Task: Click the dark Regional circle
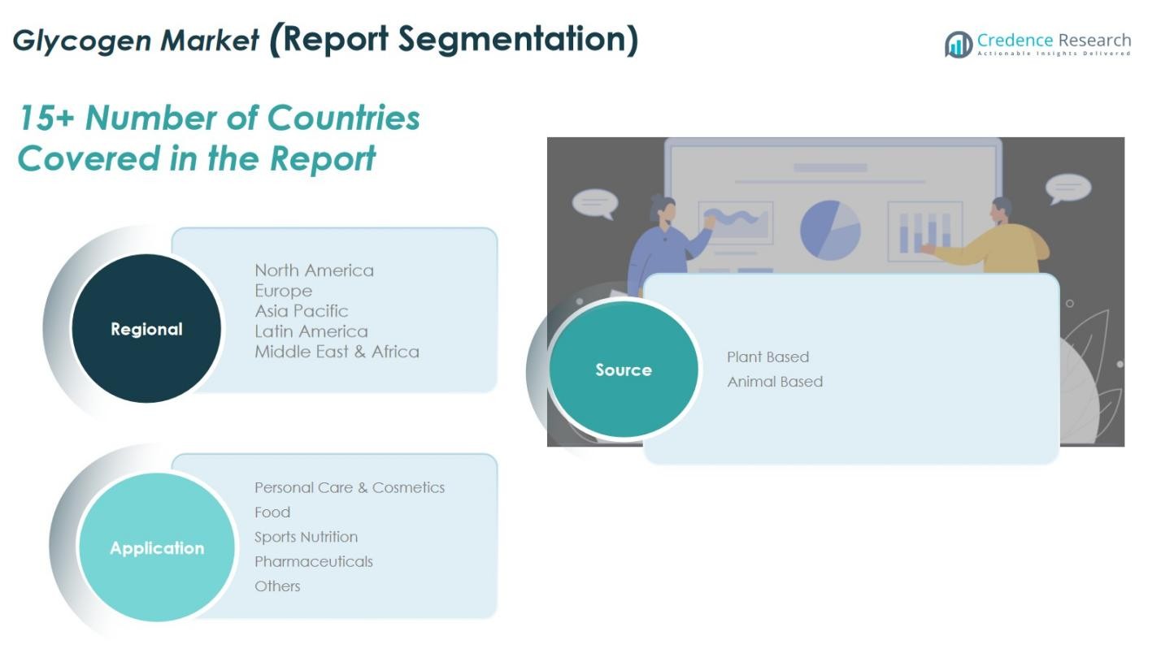tap(146, 328)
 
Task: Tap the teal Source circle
tap(624, 370)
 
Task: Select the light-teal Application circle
tap(157, 547)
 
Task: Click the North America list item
tap(314, 270)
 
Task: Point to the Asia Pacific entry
tap(301, 311)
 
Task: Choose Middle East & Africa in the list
tap(337, 352)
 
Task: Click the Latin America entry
tap(311, 331)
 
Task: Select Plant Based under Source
tap(767, 357)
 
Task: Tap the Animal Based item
tap(775, 382)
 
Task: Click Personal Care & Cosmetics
tap(350, 487)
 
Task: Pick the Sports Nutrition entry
tap(306, 537)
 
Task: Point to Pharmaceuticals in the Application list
tap(314, 561)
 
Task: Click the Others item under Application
tap(277, 586)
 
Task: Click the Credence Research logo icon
tap(959, 45)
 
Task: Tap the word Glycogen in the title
tap(81, 41)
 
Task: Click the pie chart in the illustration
tap(830, 230)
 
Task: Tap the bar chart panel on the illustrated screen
tap(925, 231)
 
